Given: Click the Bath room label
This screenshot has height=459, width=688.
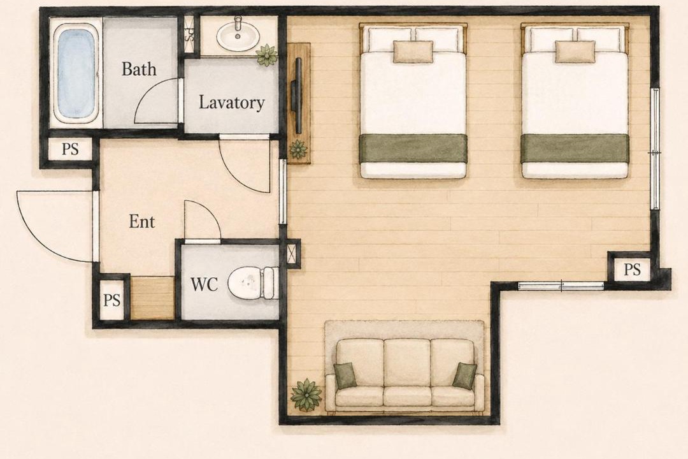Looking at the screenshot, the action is [x=139, y=69].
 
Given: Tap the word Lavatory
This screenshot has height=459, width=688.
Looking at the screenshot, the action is [x=232, y=103].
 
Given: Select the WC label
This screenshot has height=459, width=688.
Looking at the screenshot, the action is [x=204, y=284].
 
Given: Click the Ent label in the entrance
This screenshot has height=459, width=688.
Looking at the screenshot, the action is [x=141, y=221].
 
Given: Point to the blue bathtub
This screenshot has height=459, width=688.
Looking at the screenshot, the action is [x=76, y=73].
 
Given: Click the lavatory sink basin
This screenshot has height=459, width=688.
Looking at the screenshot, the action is [x=238, y=36].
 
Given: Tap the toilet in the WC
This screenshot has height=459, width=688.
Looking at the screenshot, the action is [x=254, y=283].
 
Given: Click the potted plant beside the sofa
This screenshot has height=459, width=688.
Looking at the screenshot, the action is [x=306, y=395].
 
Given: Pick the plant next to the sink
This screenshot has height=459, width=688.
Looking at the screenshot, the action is [x=267, y=55].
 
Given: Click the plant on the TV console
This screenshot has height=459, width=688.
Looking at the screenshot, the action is [x=298, y=149].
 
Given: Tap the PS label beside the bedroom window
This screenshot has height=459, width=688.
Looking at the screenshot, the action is [x=632, y=269].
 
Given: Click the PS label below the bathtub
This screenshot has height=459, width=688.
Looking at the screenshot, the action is [x=70, y=149].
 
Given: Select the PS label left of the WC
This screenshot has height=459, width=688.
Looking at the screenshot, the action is [x=111, y=300].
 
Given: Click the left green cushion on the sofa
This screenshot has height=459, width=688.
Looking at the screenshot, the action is [x=345, y=376].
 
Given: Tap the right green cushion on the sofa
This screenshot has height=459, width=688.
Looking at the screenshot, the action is [x=464, y=376].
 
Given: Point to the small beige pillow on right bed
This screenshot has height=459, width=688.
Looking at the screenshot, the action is [x=575, y=52].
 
